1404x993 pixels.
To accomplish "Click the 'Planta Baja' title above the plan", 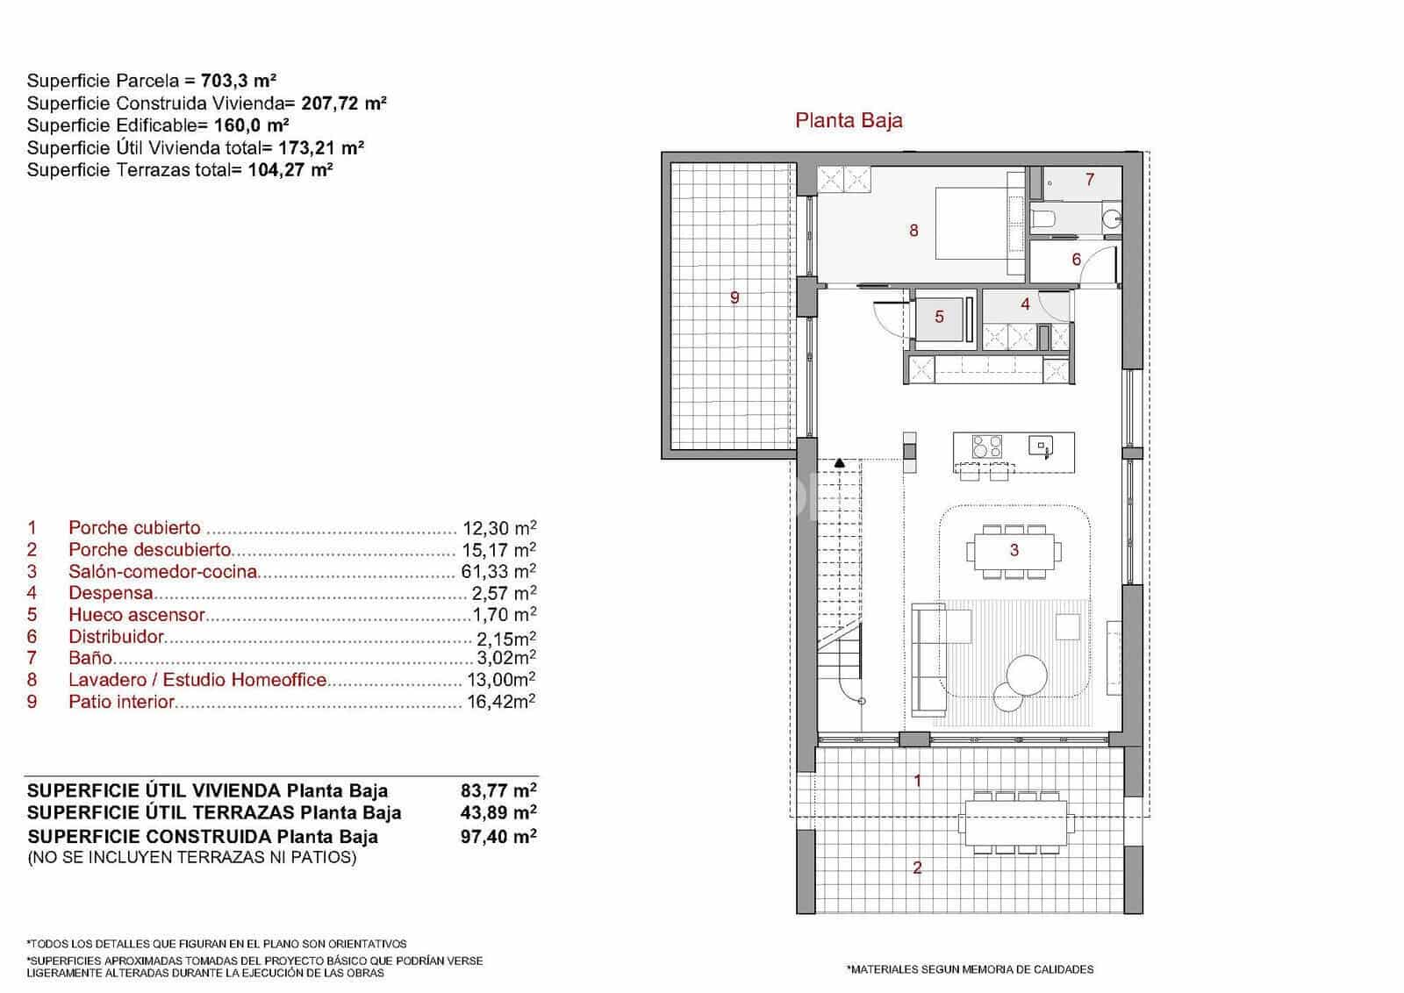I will [x=849, y=120].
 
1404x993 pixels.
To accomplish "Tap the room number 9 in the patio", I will [x=734, y=297].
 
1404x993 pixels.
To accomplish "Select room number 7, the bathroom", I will [x=1090, y=180].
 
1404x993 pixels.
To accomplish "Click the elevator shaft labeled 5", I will [x=939, y=317].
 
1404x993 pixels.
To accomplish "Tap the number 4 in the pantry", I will [x=1025, y=305].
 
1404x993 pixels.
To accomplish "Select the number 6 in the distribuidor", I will [x=1076, y=260].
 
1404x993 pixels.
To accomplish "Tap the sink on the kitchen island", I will [x=1042, y=446].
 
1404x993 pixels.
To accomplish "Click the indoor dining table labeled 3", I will [x=1014, y=551].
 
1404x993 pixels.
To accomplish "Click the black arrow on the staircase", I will [x=840, y=462].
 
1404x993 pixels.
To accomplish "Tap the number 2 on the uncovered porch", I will [x=918, y=868].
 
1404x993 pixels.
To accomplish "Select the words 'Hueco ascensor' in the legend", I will [x=136, y=615].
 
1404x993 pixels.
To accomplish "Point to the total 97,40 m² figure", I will [x=498, y=837].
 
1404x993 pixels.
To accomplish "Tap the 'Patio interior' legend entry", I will [x=122, y=702].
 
